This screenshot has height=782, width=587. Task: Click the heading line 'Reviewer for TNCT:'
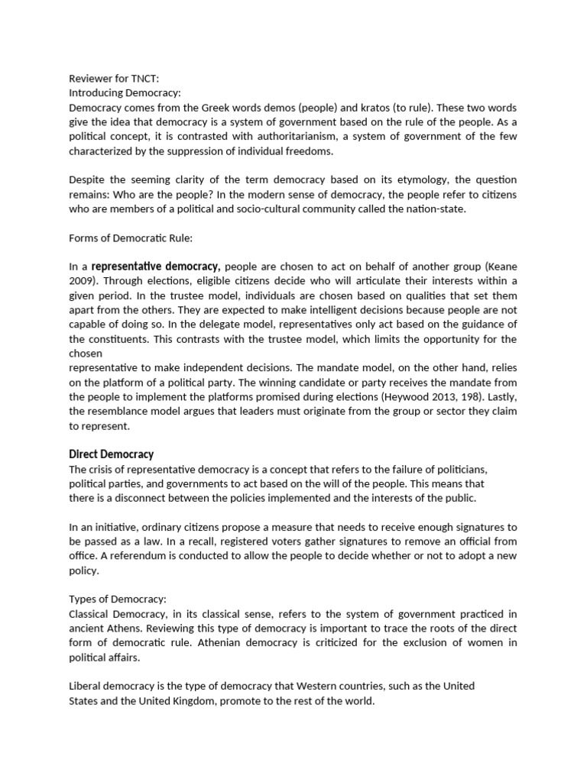[x=114, y=79]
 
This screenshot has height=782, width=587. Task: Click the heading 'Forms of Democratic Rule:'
[x=131, y=238]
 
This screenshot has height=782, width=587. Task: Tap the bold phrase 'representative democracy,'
[x=156, y=267]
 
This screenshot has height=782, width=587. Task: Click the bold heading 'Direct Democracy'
[x=112, y=454]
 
